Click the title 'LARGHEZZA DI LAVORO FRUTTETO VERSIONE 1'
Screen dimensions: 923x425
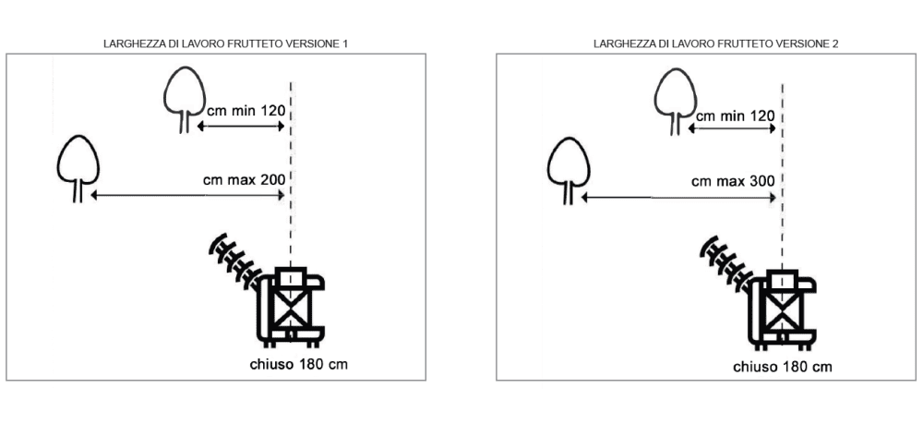point(225,43)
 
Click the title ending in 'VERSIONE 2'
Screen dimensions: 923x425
point(716,43)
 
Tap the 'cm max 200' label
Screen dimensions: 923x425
point(245,179)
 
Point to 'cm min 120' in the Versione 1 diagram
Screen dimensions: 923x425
point(246,110)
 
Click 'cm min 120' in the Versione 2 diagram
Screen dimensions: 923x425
point(736,115)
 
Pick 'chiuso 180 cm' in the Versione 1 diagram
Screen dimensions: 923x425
point(298,364)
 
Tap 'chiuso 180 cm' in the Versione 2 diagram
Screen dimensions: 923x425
point(783,367)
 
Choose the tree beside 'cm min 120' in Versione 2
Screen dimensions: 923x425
point(676,103)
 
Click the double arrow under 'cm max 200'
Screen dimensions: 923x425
point(187,195)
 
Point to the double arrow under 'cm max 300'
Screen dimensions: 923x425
point(678,198)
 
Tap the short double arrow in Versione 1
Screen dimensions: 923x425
point(241,127)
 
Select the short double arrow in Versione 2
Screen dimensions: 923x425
point(732,128)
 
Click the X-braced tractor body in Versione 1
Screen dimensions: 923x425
point(291,307)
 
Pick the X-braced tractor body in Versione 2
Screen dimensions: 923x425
point(782,309)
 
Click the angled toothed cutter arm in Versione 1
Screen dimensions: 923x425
point(235,260)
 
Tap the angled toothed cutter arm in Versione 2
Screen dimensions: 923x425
point(726,262)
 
